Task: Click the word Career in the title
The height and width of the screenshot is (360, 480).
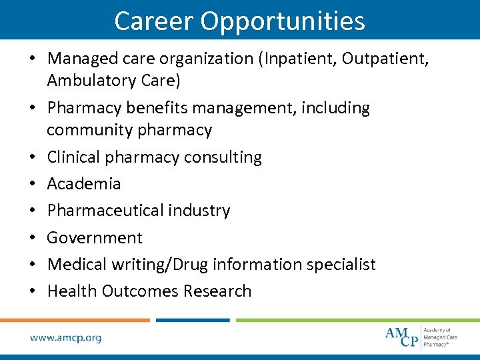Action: pyautogui.click(x=154, y=21)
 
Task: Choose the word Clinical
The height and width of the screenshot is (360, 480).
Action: pyautogui.click(x=71, y=157)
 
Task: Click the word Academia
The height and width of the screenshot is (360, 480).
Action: pyautogui.click(x=84, y=184)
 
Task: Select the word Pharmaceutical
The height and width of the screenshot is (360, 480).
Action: pyautogui.click(x=113, y=211)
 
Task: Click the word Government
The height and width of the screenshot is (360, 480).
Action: pyautogui.click(x=95, y=238)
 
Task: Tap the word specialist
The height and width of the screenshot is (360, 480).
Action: pyautogui.click(x=341, y=265)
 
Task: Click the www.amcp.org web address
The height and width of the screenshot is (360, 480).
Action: pyautogui.click(x=65, y=338)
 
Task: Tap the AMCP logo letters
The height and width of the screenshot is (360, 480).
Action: pyautogui.click(x=402, y=336)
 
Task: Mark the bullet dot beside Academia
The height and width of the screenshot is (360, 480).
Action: pyautogui.click(x=33, y=184)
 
